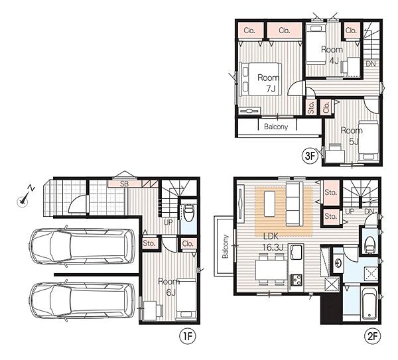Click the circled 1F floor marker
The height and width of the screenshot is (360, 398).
tap(188, 336)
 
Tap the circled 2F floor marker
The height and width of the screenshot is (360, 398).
tap(373, 336)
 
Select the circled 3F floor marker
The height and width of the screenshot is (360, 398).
tap(310, 155)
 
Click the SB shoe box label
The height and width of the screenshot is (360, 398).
tap(125, 184)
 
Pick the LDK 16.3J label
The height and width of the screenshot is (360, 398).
tap(272, 241)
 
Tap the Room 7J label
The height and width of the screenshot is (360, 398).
tap(269, 83)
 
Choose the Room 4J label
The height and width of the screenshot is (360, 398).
tap(332, 55)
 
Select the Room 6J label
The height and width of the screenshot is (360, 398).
tap(169, 286)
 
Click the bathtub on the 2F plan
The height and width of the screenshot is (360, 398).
tap(369, 304)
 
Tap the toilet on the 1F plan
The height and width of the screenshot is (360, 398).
tap(188, 213)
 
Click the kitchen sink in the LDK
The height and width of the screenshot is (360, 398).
tap(297, 252)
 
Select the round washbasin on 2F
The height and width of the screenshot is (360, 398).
tap(338, 263)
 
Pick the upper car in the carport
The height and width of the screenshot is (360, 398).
tap(82, 246)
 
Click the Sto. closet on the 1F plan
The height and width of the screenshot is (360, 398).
tap(149, 243)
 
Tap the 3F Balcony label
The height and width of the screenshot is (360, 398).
tap(276, 127)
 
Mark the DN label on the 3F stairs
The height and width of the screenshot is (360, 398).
tap(371, 64)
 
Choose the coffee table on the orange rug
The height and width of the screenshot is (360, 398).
tap(269, 204)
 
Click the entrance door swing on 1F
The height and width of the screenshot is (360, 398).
tap(76, 205)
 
